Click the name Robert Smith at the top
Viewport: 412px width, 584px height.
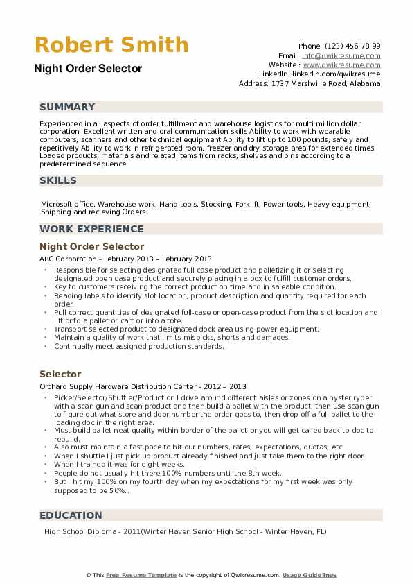(x=111, y=45)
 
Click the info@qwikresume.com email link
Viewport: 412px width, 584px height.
(x=341, y=55)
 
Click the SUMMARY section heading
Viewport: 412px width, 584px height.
(x=67, y=107)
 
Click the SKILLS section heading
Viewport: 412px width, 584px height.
(x=58, y=180)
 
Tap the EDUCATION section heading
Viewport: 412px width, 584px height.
(x=71, y=515)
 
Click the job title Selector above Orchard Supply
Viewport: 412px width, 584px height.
(x=60, y=374)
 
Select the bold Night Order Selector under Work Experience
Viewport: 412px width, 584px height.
(x=91, y=246)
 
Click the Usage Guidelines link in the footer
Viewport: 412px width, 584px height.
(x=309, y=575)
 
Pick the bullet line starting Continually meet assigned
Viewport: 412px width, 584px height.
(x=138, y=346)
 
